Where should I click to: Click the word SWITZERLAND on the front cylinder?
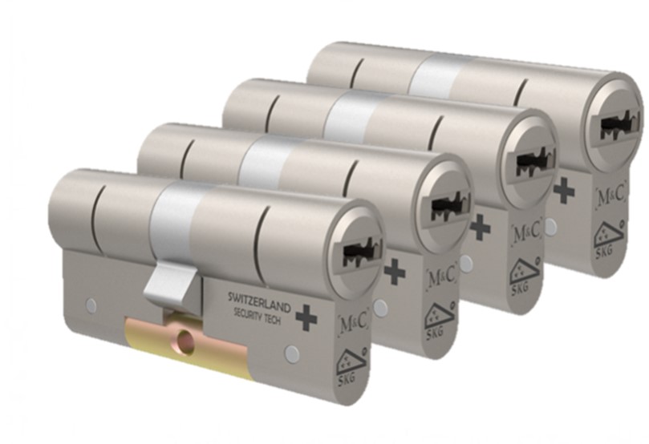point(259,301)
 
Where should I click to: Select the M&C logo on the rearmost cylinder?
point(610,196)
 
